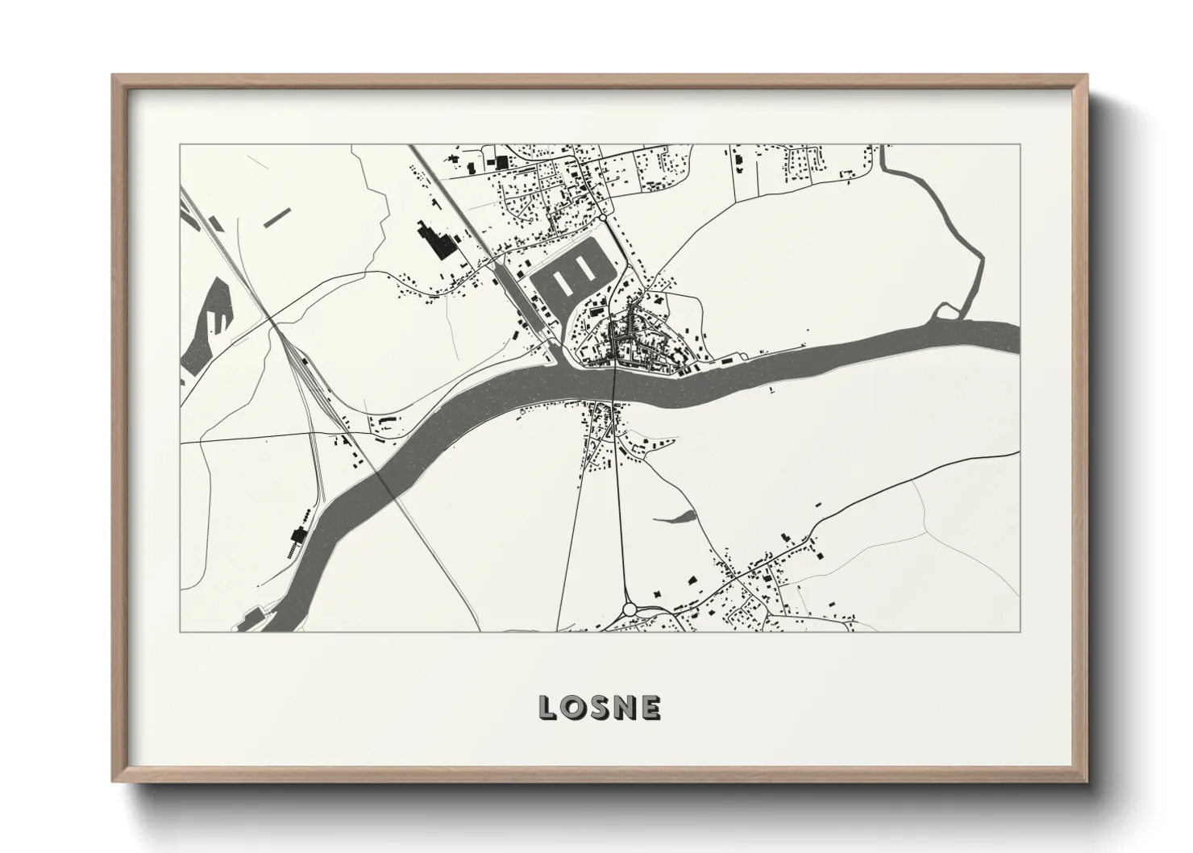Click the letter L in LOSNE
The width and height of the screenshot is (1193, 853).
coord(548,708)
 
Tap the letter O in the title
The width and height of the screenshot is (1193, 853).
coord(574,708)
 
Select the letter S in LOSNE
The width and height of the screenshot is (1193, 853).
coord(601,708)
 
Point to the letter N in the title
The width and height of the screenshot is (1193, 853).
coord(626,708)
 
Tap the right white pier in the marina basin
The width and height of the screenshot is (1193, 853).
coord(588,268)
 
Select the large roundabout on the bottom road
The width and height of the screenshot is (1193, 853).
coord(630,609)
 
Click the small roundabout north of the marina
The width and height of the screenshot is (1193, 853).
coord(602,218)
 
